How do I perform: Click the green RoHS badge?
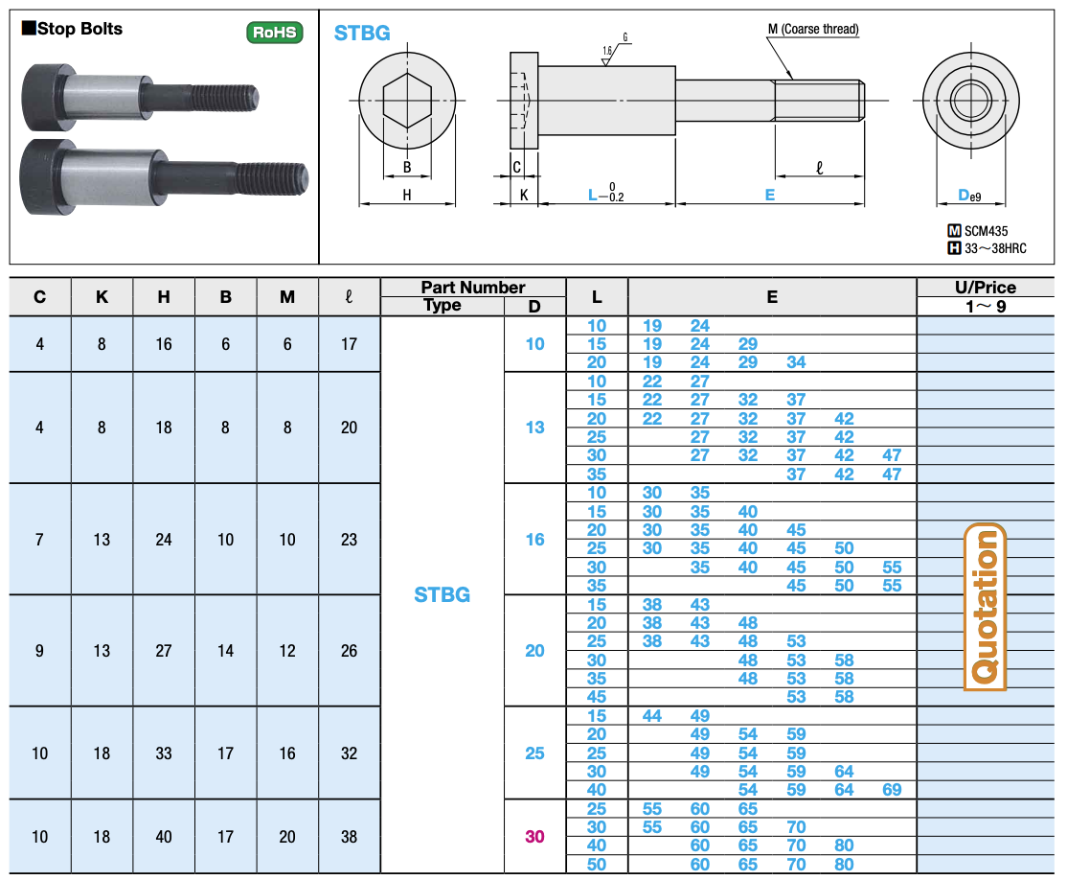(x=274, y=32)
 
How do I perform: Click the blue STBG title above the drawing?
(x=362, y=33)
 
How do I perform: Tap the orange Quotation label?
(x=985, y=606)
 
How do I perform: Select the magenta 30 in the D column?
(x=534, y=837)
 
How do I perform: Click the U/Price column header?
(x=986, y=288)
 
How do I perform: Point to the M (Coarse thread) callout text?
(x=813, y=30)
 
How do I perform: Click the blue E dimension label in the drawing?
(x=770, y=196)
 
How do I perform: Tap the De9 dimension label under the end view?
(x=969, y=196)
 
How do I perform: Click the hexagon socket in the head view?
(x=407, y=101)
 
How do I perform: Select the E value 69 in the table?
(x=892, y=790)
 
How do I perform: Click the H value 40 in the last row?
(x=164, y=837)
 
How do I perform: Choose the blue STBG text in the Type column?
(x=443, y=594)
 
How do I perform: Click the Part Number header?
(x=473, y=288)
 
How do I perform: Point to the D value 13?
(x=534, y=428)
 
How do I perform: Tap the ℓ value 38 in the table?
(x=349, y=837)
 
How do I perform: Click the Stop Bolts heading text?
(x=79, y=29)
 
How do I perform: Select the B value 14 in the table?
(x=225, y=651)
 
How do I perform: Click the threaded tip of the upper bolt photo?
(x=252, y=98)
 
